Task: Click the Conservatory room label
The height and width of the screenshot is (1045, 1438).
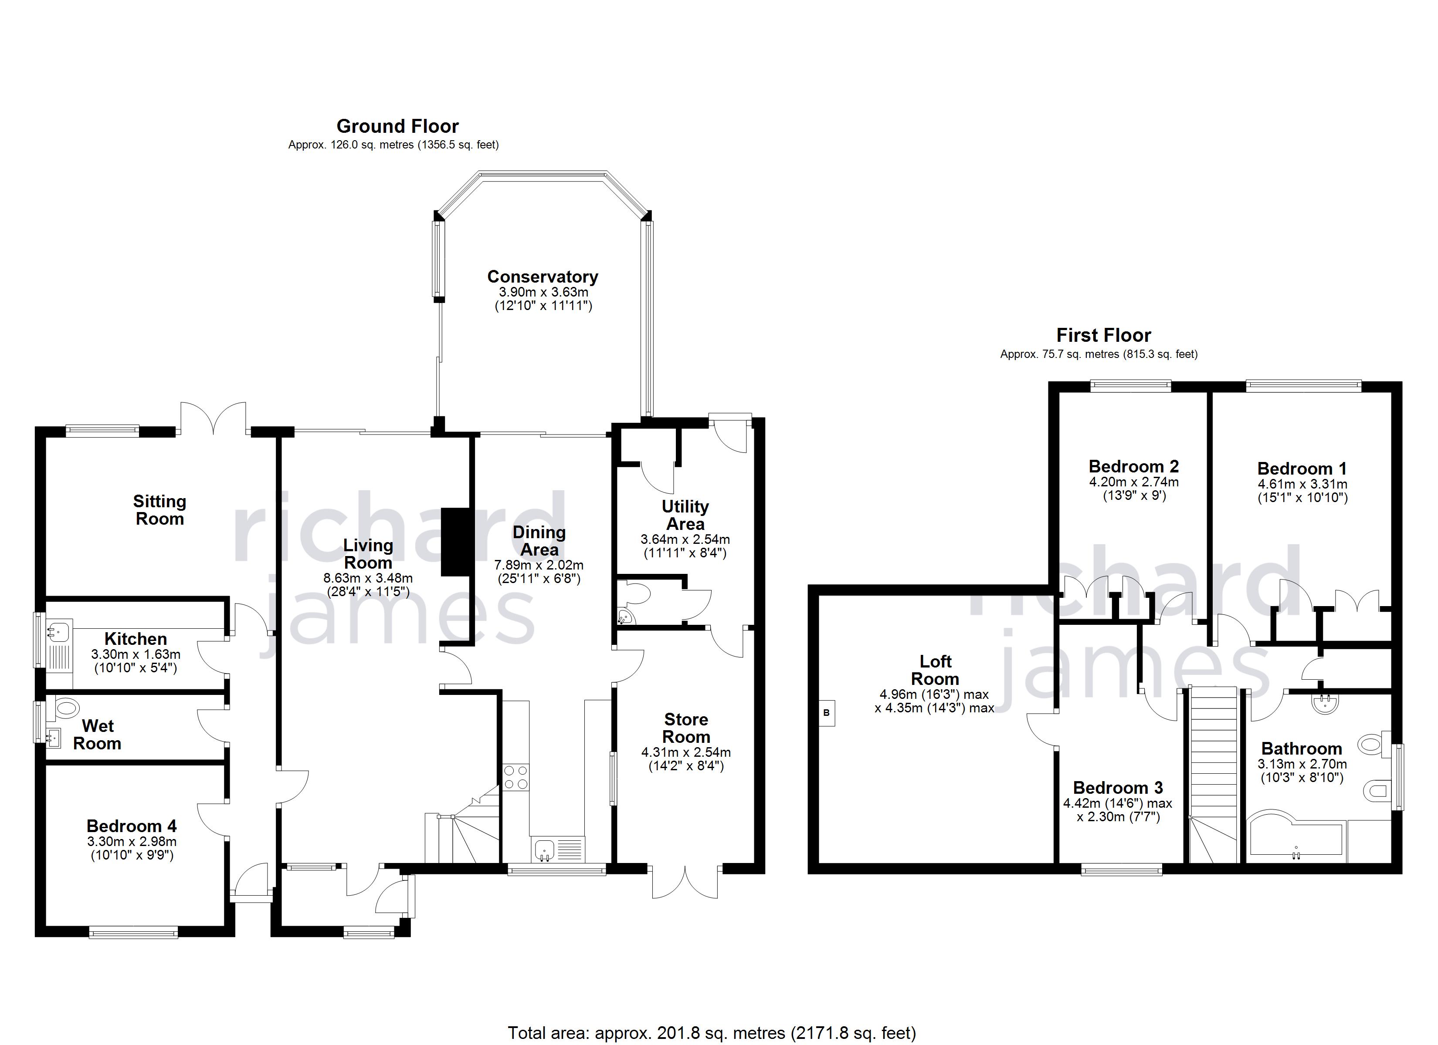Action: click(543, 277)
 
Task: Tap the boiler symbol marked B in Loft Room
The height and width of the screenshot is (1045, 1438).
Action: click(826, 713)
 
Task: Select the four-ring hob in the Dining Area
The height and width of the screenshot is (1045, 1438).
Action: click(516, 778)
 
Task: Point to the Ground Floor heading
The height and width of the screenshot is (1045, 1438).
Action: click(397, 126)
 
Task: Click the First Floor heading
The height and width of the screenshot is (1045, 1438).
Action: click(1104, 335)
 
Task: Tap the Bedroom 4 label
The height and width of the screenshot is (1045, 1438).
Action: click(131, 826)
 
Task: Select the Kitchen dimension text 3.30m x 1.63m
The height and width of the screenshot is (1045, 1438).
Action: click(136, 654)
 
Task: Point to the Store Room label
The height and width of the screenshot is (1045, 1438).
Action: click(686, 728)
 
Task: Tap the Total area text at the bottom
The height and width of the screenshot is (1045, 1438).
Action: click(712, 1033)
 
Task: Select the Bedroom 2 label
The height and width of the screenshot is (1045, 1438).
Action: click(1134, 466)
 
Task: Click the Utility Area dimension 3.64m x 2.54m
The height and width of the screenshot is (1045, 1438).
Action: click(685, 540)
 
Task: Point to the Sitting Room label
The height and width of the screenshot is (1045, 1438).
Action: click(160, 510)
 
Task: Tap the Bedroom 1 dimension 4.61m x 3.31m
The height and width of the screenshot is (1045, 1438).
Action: click(1302, 485)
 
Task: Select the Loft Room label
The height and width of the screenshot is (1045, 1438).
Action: click(935, 671)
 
